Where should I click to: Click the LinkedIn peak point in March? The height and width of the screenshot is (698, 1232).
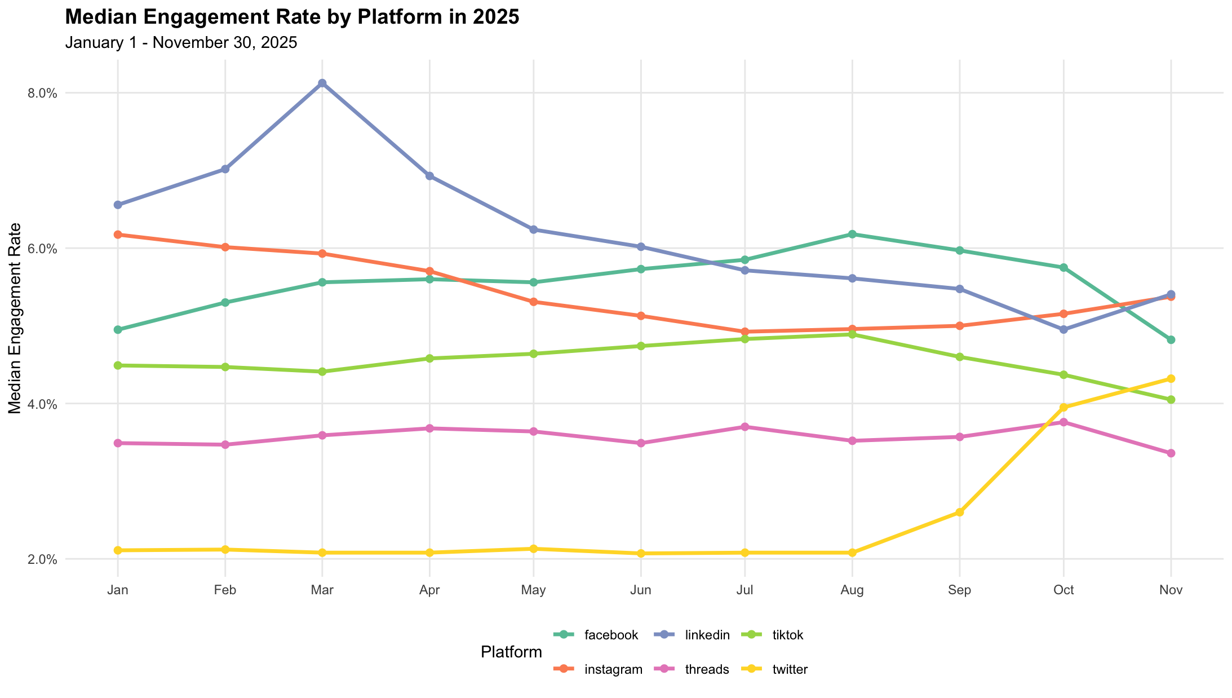(322, 83)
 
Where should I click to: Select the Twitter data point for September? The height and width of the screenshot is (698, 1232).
(959, 513)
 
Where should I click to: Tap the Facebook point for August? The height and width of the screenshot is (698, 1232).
(852, 234)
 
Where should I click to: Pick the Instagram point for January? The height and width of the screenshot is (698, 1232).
(118, 235)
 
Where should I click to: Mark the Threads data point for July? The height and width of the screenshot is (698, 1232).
(745, 427)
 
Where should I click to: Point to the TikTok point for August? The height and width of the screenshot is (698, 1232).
(852, 334)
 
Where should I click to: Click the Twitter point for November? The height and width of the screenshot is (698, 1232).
(1171, 378)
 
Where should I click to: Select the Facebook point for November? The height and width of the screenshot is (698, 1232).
(1171, 339)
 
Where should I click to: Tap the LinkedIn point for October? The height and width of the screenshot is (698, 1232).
(1063, 329)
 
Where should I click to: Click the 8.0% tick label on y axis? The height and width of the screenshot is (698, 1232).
(43, 94)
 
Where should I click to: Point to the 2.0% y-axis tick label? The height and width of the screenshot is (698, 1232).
(43, 560)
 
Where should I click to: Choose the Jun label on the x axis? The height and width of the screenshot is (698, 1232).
(641, 590)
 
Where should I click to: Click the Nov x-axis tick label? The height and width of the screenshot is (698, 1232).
(1171, 590)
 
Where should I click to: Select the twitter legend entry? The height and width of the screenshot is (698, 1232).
(790, 670)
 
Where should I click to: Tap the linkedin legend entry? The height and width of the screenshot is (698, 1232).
(707, 635)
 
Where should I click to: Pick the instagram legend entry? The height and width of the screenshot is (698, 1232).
(613, 670)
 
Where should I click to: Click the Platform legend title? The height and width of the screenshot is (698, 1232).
(511, 652)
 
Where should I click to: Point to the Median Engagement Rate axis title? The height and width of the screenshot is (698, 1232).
(16, 319)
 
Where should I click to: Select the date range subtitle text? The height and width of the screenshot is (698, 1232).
(181, 43)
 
